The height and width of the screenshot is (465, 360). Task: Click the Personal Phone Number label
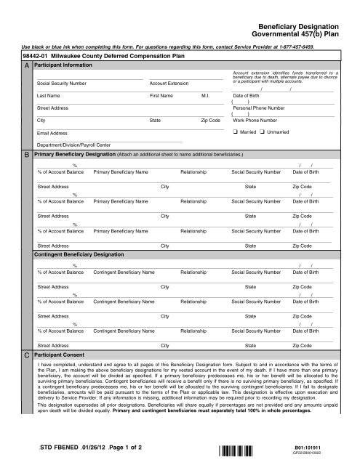point(259,108)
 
